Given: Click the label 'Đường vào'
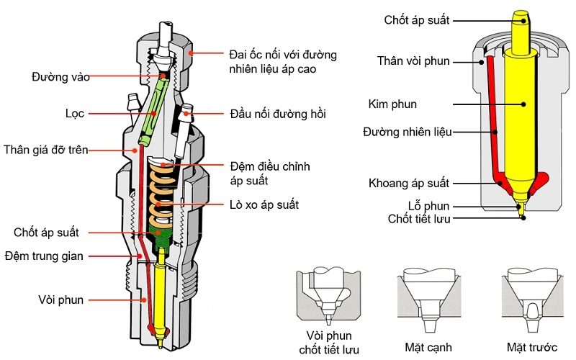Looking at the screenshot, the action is click(x=60, y=77).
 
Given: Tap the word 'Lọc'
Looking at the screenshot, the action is click(x=75, y=114).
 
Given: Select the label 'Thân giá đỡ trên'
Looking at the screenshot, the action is click(x=46, y=150).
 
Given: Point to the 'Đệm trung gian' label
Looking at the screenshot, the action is click(x=44, y=256).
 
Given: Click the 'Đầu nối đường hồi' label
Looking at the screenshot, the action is click(x=278, y=114).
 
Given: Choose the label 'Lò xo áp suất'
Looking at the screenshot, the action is click(x=264, y=204).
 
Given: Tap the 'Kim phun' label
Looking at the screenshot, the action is click(x=392, y=104).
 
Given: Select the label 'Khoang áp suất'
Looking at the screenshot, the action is click(x=409, y=183).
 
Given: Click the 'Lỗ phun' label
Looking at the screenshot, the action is click(x=428, y=206).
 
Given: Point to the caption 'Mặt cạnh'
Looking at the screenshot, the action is click(x=428, y=347).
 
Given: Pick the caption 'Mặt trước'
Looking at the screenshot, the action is click(x=532, y=347).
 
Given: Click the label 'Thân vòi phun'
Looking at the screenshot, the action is click(x=413, y=60).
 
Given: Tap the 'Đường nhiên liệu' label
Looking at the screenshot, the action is click(x=408, y=132).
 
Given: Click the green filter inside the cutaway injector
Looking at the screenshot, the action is click(x=153, y=110).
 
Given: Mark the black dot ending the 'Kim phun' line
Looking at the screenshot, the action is click(x=523, y=104).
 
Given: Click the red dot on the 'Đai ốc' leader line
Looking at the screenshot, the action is click(x=191, y=53).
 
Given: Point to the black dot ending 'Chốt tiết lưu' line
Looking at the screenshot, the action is click(x=523, y=218).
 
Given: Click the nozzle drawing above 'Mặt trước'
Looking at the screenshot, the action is click(x=532, y=300).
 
